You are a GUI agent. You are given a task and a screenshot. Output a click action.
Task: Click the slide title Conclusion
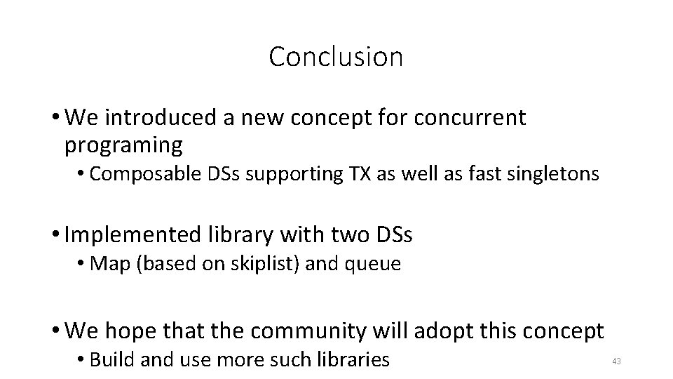[336, 57]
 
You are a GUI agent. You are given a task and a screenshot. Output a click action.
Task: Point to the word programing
[123, 145]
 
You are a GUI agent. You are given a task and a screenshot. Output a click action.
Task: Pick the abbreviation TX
[356, 174]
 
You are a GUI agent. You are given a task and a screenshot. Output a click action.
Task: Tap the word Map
[105, 265]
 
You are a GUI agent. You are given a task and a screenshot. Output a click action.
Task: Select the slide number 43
[617, 361]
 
